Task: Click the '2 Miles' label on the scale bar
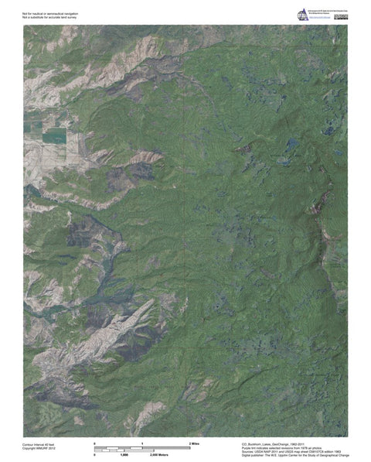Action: (194, 441)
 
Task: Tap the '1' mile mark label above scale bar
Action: (142, 441)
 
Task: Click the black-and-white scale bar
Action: (143, 448)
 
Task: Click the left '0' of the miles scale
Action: (94, 441)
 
